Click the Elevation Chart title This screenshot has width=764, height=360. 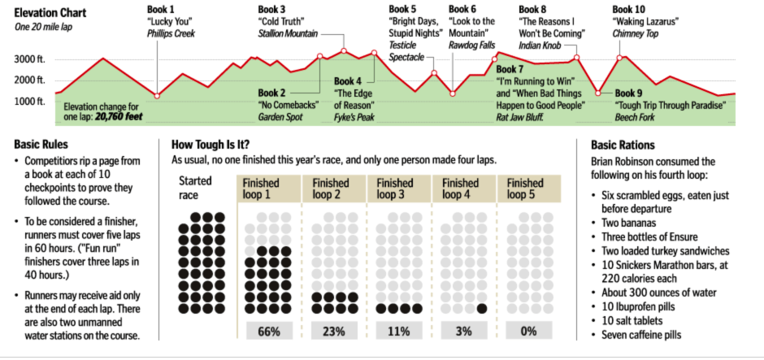coord(50,13)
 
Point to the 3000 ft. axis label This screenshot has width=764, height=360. coord(30,59)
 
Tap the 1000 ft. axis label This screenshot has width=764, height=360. coord(30,101)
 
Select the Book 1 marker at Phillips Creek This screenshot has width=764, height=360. coord(157,96)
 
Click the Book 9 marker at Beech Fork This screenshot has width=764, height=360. coord(598,93)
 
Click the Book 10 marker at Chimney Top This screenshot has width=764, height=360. coord(620,58)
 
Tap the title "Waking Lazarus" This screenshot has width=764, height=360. coord(645,21)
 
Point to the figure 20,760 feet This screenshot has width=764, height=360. coord(121,117)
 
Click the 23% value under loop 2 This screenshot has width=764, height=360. coord(333,332)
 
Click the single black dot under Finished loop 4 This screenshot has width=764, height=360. coord(481,309)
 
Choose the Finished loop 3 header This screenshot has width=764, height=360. coord(398,189)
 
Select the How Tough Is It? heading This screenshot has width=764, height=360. coord(215,145)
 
